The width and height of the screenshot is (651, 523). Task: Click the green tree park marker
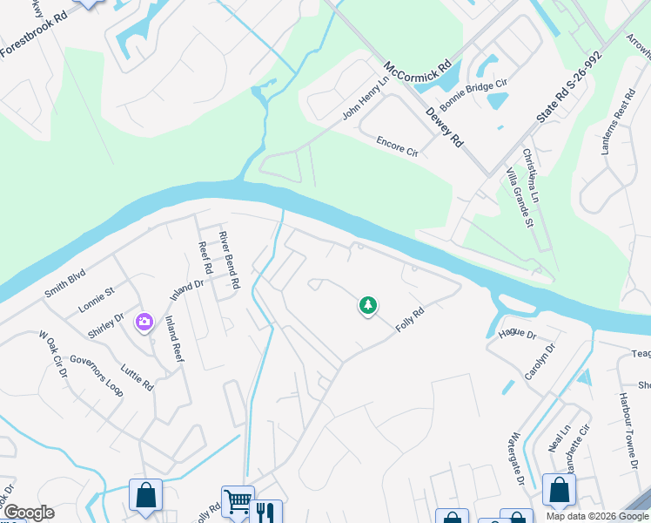coord(367,305)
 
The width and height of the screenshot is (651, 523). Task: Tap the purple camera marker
coord(144,323)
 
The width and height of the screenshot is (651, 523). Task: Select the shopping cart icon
coord(237,501)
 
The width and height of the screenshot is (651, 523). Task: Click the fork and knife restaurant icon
coord(265,513)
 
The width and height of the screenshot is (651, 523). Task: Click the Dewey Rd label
coord(444,127)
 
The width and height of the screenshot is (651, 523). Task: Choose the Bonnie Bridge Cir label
coord(473,95)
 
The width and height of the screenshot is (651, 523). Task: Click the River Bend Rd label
coord(229,260)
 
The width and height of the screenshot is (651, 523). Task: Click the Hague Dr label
coord(517,334)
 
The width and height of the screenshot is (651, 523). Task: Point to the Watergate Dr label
coord(516,459)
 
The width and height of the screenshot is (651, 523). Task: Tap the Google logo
coord(28,513)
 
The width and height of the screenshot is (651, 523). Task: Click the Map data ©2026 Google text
coord(596,516)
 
